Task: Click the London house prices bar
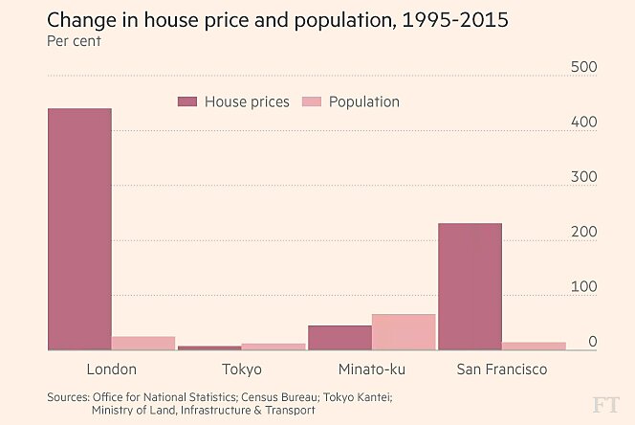79,230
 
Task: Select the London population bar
144,344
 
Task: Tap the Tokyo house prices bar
209,348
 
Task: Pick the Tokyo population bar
274,347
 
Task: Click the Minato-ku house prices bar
339,338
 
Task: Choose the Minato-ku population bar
404,332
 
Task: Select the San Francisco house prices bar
470,287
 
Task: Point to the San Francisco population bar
534,347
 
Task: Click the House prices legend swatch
187,101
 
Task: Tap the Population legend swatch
312,101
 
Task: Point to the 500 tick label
583,67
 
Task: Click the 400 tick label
583,122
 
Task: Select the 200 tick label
583,232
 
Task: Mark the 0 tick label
592,341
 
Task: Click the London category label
112,369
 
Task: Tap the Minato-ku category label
371,369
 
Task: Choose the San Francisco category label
501,369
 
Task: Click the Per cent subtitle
74,41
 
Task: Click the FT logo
605,402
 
